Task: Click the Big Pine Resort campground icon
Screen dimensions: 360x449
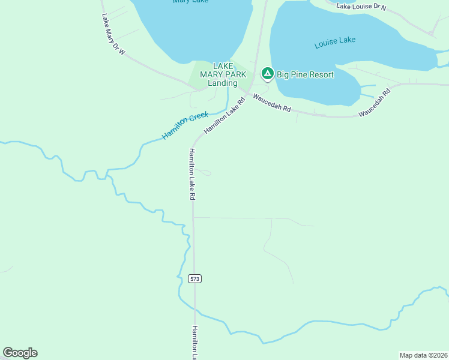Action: pyautogui.click(x=267, y=74)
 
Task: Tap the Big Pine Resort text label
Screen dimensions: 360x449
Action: pyautogui.click(x=305, y=75)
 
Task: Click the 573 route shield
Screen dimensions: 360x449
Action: pyautogui.click(x=194, y=278)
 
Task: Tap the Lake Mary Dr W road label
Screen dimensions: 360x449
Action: pyautogui.click(x=113, y=35)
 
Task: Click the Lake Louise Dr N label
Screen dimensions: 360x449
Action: pyautogui.click(x=361, y=7)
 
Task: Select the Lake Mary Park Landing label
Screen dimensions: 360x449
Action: pyautogui.click(x=223, y=74)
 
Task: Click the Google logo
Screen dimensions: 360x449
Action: pyautogui.click(x=20, y=353)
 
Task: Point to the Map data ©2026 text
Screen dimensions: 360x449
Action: pyautogui.click(x=423, y=355)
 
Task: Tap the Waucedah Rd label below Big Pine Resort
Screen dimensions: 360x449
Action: pyautogui.click(x=271, y=103)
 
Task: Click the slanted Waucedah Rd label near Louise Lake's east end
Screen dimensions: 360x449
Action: pyautogui.click(x=375, y=103)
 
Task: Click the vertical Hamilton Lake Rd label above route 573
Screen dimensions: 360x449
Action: pyautogui.click(x=192, y=174)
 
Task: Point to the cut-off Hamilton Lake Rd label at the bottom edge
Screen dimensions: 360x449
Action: pyautogui.click(x=194, y=343)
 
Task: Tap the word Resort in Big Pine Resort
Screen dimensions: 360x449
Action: pyautogui.click(x=321, y=75)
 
